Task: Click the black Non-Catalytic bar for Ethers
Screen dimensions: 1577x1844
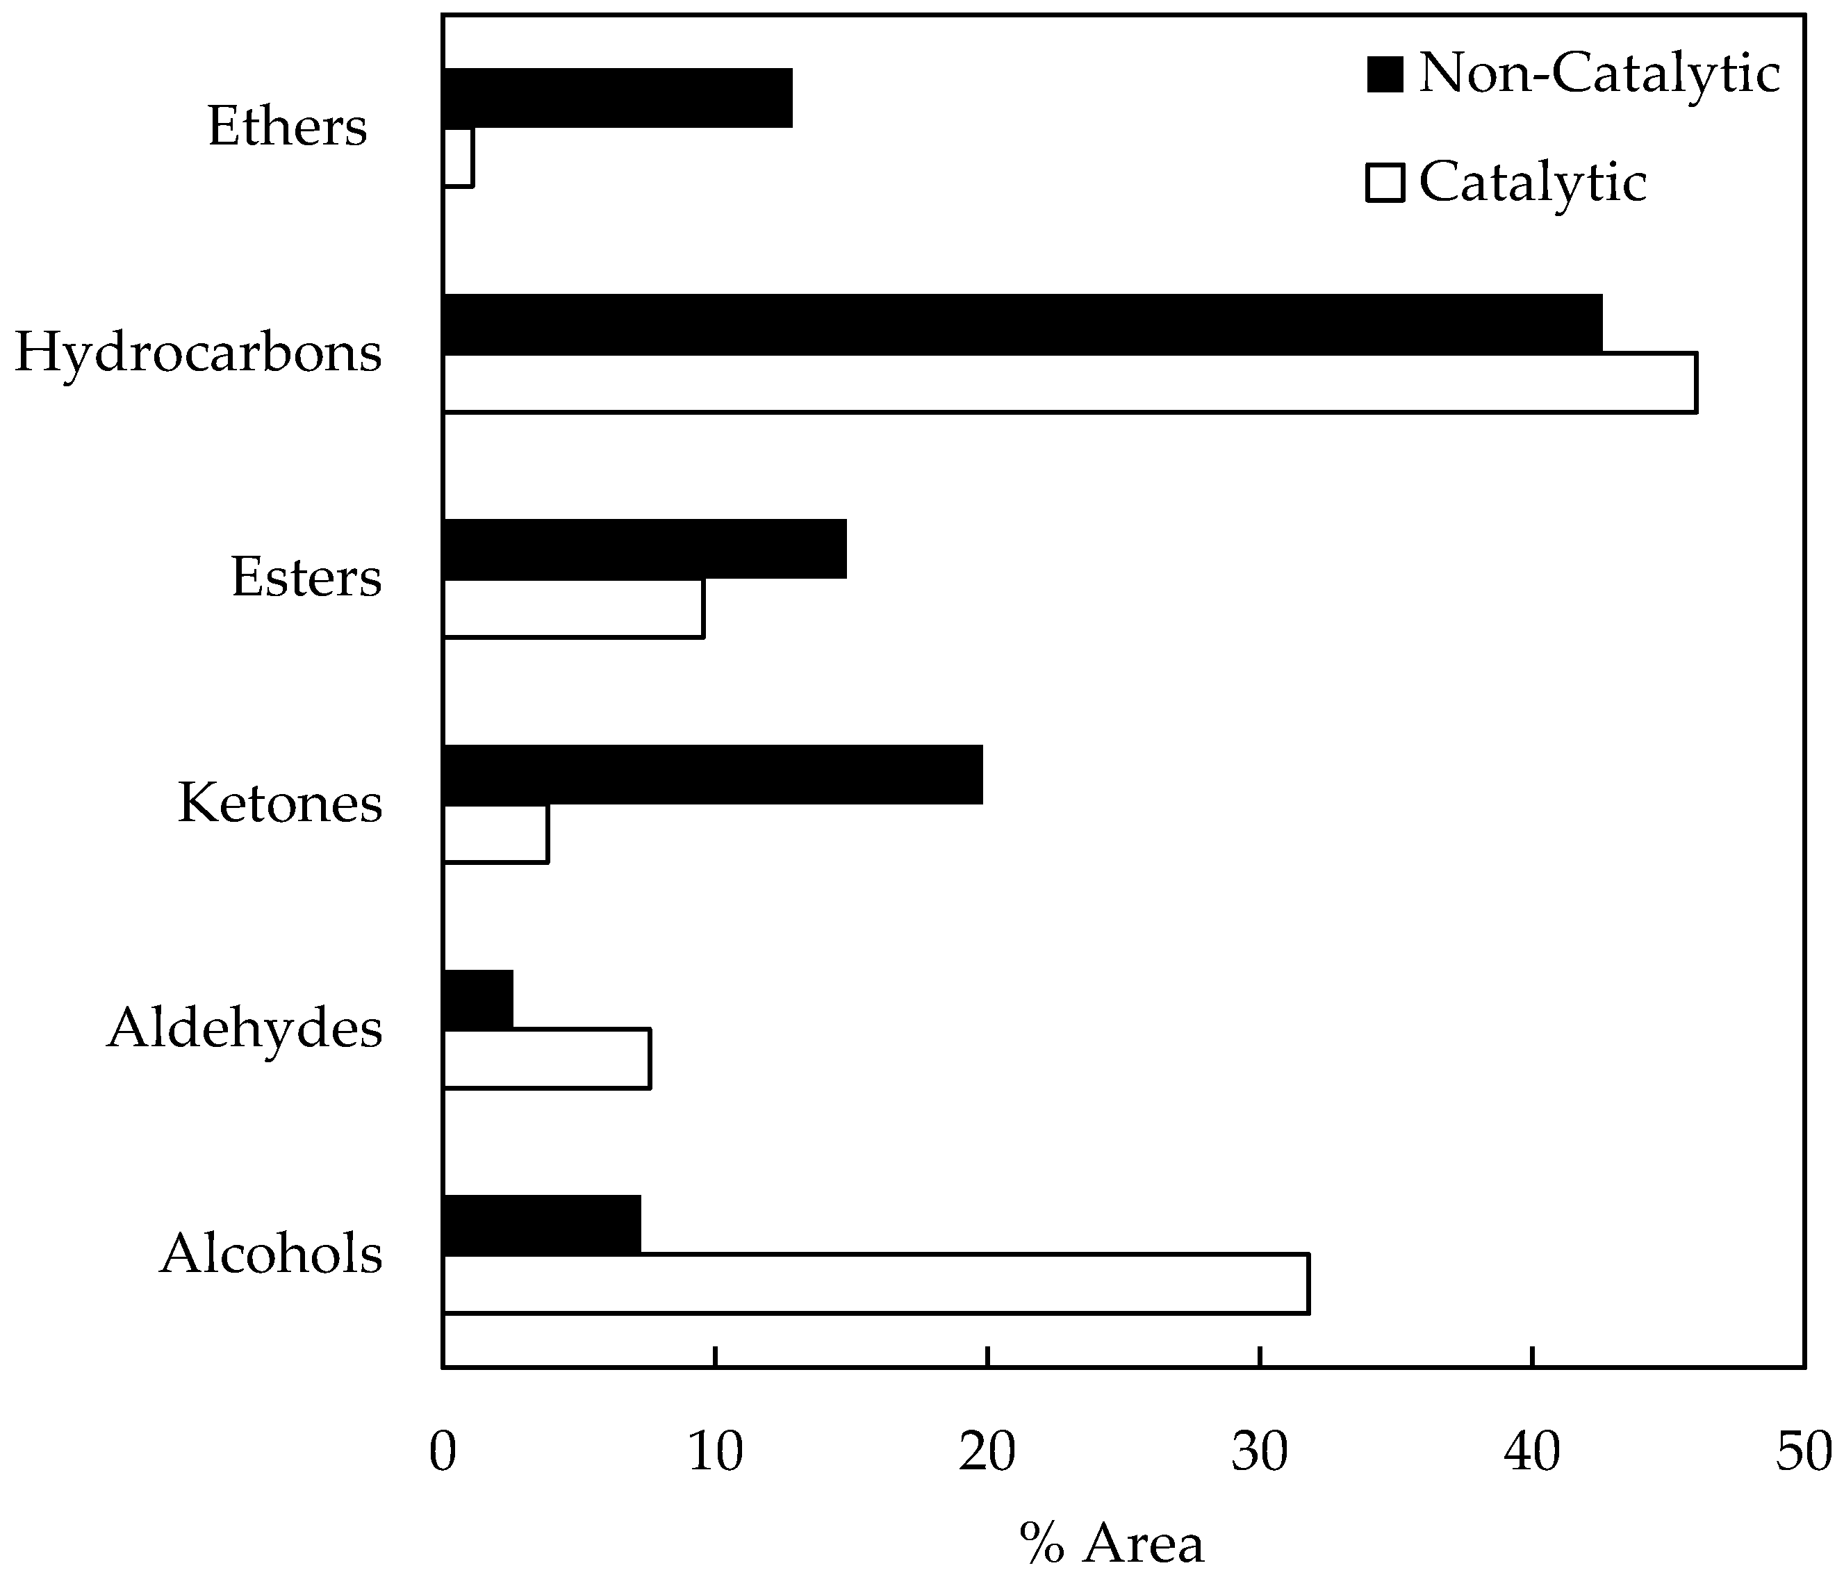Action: pos(618,98)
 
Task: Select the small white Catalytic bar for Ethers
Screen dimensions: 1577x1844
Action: pos(459,158)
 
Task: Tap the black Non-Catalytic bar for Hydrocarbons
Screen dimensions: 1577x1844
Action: pos(1021,324)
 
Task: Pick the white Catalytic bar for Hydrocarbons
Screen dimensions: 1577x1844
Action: pos(1070,383)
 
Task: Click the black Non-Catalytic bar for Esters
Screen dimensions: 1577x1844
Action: pos(644,549)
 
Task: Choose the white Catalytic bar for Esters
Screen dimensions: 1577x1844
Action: pos(573,608)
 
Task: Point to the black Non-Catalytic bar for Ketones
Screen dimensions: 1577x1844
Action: pos(712,775)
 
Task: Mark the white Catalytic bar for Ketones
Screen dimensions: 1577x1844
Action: pos(495,833)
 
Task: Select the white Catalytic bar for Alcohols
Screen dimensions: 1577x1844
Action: pos(875,1283)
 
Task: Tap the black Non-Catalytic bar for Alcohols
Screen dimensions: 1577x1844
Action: pos(541,1225)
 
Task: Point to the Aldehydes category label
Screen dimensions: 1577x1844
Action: pos(245,1029)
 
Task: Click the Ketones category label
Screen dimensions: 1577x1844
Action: pos(280,802)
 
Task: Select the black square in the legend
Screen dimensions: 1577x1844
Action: pos(1385,74)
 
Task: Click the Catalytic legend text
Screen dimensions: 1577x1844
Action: pos(1533,183)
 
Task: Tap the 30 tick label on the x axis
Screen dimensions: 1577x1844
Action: pos(1259,1453)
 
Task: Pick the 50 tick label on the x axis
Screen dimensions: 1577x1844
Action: pos(1803,1453)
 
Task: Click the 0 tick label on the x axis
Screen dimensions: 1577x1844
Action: pos(443,1453)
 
